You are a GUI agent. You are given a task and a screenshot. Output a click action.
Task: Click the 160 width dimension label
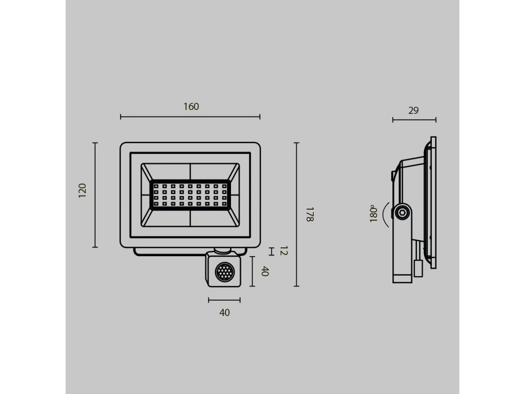click(191, 106)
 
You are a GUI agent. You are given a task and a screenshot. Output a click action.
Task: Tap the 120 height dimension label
click(82, 190)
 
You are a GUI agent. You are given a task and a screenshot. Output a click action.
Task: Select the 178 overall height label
click(310, 215)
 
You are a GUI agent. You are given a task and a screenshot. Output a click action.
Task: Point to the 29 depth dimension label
click(413, 110)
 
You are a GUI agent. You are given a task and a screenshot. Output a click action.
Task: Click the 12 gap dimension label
click(283, 251)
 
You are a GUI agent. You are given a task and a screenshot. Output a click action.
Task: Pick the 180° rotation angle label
click(373, 213)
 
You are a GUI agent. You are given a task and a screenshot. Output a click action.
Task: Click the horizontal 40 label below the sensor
click(224, 313)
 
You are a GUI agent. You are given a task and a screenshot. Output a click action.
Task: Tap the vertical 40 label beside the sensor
click(265, 271)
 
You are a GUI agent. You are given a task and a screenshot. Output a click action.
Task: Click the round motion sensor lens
click(224, 272)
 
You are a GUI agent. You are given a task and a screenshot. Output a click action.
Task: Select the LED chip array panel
click(190, 195)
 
